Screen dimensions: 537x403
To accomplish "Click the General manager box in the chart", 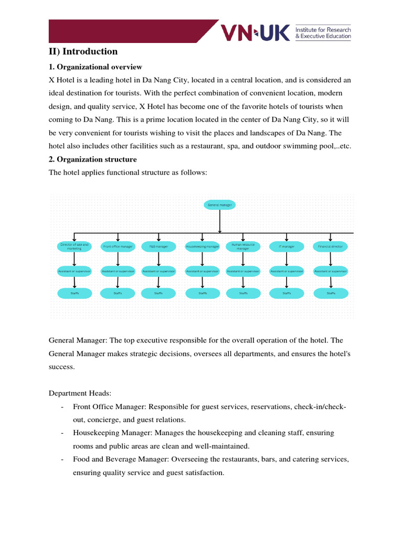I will [x=219, y=205].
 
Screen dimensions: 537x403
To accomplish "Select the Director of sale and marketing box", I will [x=75, y=246].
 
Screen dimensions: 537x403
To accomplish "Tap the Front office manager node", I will [x=118, y=246].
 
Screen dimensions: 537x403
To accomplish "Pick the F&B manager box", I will [x=158, y=246].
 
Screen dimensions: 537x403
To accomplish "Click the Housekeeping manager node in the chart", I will [x=202, y=246].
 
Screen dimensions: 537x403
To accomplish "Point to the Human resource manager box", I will [x=243, y=246].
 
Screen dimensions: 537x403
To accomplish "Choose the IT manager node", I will [x=286, y=246].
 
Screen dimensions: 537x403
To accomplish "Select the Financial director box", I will [x=331, y=246].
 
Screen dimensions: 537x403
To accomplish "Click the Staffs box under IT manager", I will [x=286, y=293].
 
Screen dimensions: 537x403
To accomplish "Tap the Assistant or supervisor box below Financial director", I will [x=331, y=271].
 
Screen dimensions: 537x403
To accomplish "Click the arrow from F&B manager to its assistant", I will [x=158, y=259].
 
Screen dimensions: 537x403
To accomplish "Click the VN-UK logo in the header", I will [x=255, y=33].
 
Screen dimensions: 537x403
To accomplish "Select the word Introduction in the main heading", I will [x=90, y=51].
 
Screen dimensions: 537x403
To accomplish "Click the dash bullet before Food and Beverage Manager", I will [x=62, y=459].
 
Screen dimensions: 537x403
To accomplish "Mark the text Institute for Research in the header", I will [x=323, y=30].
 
